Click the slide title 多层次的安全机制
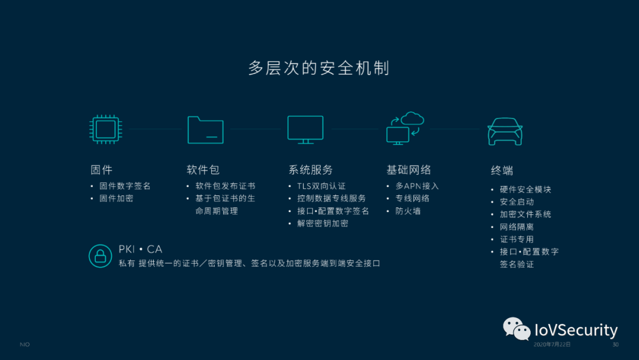[x=319, y=68]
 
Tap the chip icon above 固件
[x=105, y=129]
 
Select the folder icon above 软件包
[x=205, y=129]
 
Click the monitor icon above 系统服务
[x=305, y=130]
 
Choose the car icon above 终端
[x=505, y=131]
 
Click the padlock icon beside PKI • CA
[x=101, y=256]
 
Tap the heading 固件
[x=101, y=170]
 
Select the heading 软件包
[x=203, y=170]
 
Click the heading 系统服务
[x=311, y=170]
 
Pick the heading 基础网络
[x=409, y=170]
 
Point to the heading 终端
[x=502, y=171]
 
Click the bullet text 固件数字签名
[x=125, y=186]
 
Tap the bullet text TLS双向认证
[x=321, y=186]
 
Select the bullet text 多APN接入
[x=417, y=186]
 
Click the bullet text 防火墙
[x=408, y=211]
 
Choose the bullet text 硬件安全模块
[x=525, y=189]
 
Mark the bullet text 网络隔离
[x=517, y=227]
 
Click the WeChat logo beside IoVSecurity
[x=517, y=329]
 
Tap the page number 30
[x=615, y=345]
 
